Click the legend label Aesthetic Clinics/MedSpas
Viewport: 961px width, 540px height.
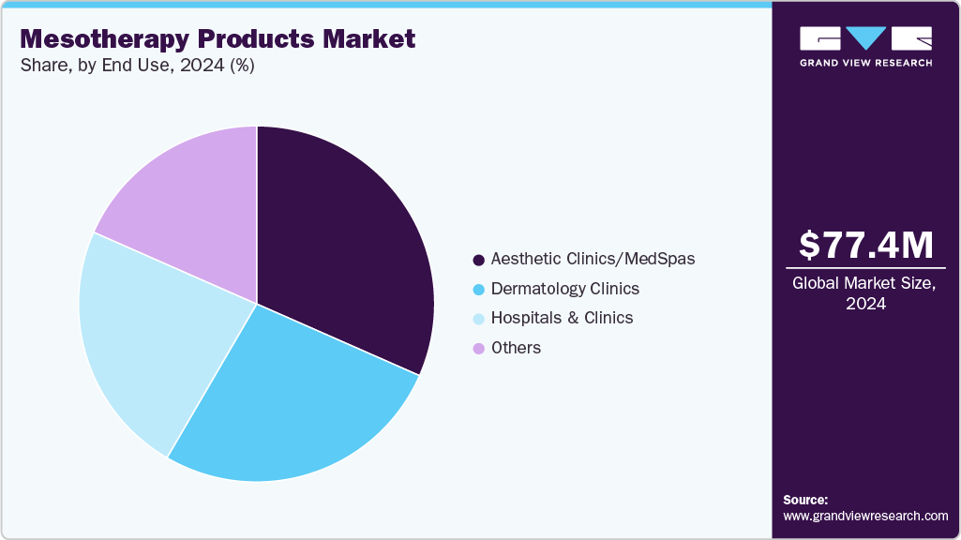click(x=593, y=259)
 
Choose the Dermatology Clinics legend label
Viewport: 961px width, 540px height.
click(x=564, y=289)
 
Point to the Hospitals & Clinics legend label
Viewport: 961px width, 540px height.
click(x=562, y=318)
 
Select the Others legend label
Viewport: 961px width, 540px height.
click(x=516, y=348)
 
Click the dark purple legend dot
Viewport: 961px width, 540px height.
click(x=479, y=260)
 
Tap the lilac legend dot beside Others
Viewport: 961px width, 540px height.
click(x=479, y=349)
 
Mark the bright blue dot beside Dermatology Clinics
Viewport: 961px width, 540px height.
click(x=479, y=289)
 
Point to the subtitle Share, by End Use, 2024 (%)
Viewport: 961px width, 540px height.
click(x=137, y=66)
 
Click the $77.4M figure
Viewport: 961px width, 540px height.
click(x=866, y=245)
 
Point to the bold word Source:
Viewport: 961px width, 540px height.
click(x=805, y=500)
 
